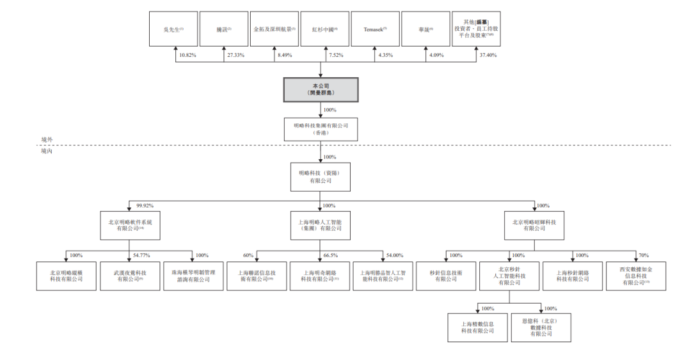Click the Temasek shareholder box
(x=376, y=29)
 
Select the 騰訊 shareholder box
(x=225, y=29)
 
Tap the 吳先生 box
(x=174, y=29)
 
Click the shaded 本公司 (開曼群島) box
(x=321, y=90)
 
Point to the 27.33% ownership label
(x=236, y=56)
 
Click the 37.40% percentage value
(x=488, y=56)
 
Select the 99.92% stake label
(x=145, y=205)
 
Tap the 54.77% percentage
(x=141, y=255)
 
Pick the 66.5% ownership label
(x=331, y=255)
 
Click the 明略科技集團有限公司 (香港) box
(x=321, y=130)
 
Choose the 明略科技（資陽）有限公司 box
(x=321, y=176)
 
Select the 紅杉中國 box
(x=325, y=29)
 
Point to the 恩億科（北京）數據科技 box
(x=541, y=327)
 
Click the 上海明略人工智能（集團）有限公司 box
(x=321, y=224)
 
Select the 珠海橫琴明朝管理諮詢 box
(x=191, y=276)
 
